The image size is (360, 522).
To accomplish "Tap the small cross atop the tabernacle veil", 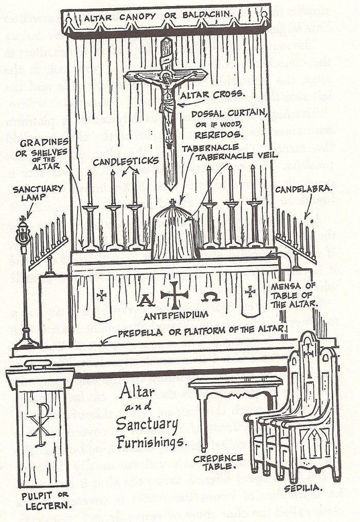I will tap(173, 203).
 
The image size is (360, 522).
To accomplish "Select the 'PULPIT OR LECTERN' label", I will tap(40, 499).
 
